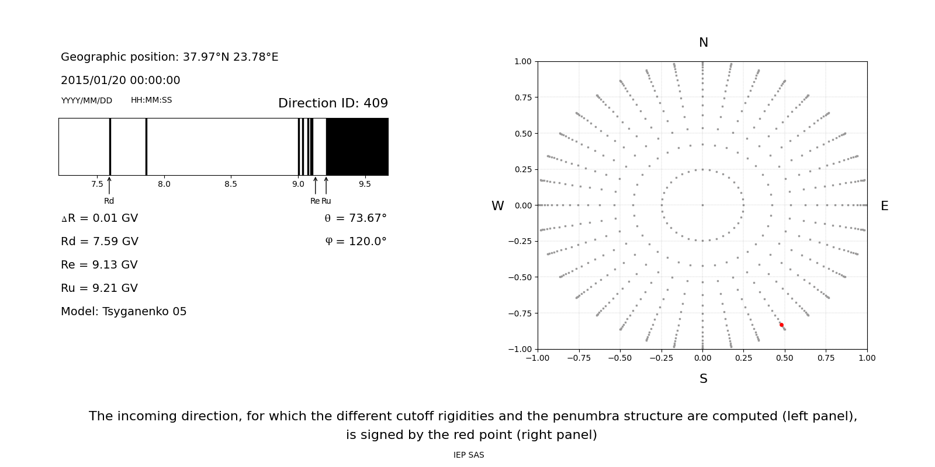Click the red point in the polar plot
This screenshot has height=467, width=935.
pos(781,325)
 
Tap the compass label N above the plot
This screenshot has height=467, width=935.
pos(704,43)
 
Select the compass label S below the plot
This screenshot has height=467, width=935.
pos(704,379)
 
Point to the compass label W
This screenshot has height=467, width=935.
pos(497,206)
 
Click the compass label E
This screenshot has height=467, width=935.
pos(884,206)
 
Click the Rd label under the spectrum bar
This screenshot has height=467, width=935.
pos(109,201)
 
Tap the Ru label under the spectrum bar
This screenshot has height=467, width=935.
pos(326,201)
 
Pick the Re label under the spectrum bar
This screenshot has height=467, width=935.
pos(315,201)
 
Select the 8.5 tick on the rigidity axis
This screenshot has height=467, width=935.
pos(231,184)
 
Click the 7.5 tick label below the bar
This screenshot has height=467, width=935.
pos(97,184)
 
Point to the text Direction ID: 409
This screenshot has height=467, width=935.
pos(333,103)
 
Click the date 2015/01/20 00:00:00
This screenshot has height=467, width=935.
pos(120,81)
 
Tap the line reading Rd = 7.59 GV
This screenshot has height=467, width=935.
pos(99,242)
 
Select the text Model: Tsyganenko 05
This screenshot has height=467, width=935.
pos(124,312)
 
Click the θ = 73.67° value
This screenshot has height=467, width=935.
pos(355,218)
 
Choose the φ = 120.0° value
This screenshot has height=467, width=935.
pos(355,242)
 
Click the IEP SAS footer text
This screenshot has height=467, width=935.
pos(469,455)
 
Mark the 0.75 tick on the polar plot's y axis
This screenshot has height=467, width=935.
pos(523,97)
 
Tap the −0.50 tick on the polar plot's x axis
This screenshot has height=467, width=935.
pos(620,358)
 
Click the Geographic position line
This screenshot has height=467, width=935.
pos(169,57)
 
